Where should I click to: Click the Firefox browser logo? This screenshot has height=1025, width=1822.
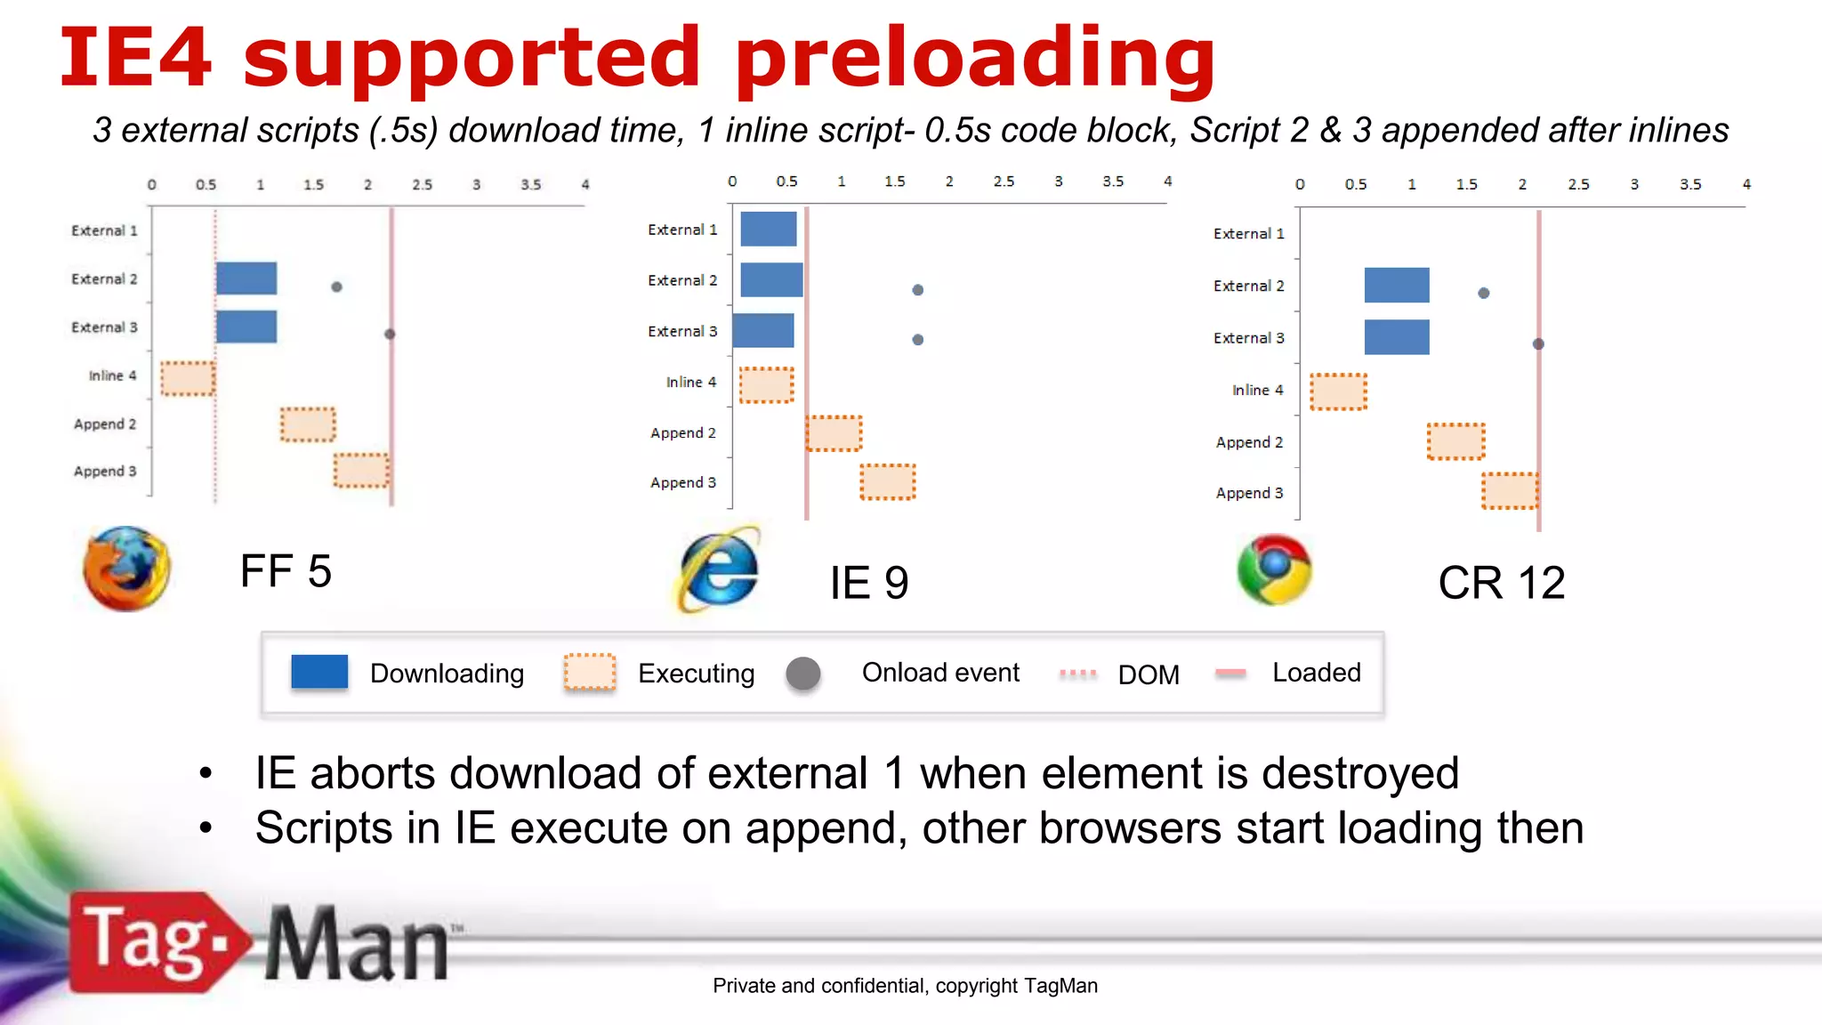(x=126, y=569)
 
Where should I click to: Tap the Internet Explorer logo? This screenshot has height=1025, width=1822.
(x=720, y=570)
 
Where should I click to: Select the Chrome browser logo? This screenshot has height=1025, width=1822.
(x=1274, y=569)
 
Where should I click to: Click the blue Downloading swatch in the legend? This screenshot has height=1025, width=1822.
(x=319, y=672)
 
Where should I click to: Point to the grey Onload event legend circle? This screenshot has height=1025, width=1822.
(x=803, y=674)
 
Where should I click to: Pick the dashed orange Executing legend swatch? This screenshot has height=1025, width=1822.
(x=590, y=673)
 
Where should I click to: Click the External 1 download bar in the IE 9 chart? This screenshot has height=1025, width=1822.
(x=768, y=230)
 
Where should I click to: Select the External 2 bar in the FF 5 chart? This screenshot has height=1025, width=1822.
(x=246, y=278)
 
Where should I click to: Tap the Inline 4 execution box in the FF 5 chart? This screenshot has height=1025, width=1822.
(x=188, y=378)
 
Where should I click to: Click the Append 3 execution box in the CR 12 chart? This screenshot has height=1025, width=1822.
(x=1510, y=491)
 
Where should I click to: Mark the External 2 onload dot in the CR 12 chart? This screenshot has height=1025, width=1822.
(x=1483, y=293)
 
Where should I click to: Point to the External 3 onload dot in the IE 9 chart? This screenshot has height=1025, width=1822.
(x=918, y=340)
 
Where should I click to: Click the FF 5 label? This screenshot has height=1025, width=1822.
(x=286, y=571)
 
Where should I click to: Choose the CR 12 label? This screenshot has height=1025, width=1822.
(x=1502, y=584)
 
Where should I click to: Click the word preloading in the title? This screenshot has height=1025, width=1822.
(x=975, y=59)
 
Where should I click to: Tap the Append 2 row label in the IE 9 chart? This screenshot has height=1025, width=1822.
(x=682, y=433)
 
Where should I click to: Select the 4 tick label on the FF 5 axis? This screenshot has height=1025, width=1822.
(x=585, y=185)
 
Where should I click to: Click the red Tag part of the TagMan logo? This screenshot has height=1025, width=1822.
(x=147, y=942)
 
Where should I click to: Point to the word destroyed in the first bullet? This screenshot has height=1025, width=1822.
(x=1359, y=773)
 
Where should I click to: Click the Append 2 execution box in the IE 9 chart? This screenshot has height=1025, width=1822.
(x=834, y=433)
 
